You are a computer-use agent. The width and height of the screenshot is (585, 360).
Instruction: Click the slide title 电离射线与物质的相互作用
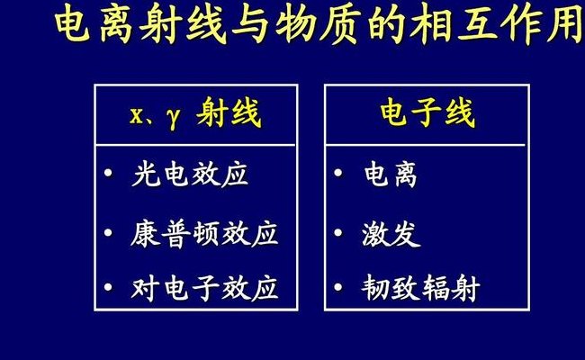pos(319,25)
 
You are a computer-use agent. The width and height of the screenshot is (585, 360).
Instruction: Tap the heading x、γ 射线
pos(195,113)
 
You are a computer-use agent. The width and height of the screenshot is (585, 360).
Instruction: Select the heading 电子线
pos(427,112)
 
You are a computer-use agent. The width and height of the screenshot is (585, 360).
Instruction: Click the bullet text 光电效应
pos(190,175)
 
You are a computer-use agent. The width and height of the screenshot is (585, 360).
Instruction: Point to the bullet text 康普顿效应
pos(204,233)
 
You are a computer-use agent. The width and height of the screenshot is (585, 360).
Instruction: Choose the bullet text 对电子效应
pos(204,288)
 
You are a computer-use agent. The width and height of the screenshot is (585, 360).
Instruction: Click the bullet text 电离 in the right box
pos(391,175)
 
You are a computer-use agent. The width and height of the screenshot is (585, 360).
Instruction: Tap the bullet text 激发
pos(391,233)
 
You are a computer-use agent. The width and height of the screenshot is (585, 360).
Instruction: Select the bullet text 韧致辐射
pos(420,288)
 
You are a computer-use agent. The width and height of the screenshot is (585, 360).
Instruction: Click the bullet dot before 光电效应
pos(109,173)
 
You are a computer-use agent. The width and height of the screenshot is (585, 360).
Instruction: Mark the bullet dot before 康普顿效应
pos(109,232)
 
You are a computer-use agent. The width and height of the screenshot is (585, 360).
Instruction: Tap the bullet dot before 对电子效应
pos(109,287)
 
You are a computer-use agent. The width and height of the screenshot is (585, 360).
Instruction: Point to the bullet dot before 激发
pos(338,232)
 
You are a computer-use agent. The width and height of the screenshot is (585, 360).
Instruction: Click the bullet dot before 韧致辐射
pos(338,287)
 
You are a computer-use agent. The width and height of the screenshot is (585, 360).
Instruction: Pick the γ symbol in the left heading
pos(173,119)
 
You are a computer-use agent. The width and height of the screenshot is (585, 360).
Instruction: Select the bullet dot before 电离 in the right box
pos(338,173)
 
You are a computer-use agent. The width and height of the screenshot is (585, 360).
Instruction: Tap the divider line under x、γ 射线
pos(195,145)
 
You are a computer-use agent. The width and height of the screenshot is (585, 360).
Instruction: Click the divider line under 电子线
pos(426,145)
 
